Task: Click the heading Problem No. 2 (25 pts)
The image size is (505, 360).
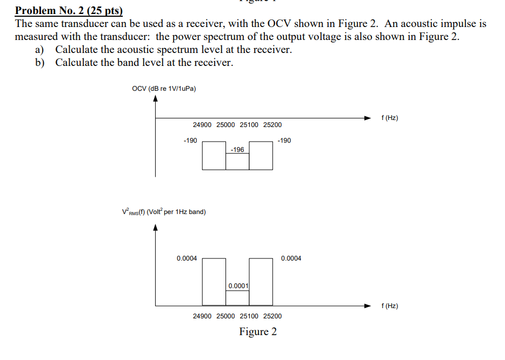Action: (x=69, y=11)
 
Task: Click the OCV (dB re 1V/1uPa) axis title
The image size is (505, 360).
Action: (x=164, y=89)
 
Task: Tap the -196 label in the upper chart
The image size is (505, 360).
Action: (x=237, y=149)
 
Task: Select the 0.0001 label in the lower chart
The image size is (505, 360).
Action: (x=238, y=285)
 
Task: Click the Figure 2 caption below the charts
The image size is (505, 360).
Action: (x=258, y=332)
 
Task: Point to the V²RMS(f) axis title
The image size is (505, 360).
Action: (x=164, y=212)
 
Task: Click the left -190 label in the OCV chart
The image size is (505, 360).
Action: (x=190, y=141)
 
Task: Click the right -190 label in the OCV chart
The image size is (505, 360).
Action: (x=284, y=141)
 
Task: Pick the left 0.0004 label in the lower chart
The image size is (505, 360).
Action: (x=187, y=258)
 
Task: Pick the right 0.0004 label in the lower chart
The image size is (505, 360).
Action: (x=291, y=258)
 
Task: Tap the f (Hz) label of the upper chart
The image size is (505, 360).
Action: (x=389, y=118)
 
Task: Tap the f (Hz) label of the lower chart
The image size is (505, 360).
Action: (x=389, y=306)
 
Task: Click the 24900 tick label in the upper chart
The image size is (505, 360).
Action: (x=202, y=125)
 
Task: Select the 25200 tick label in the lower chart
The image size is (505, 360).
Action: (x=273, y=316)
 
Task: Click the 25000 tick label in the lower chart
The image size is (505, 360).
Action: (x=225, y=316)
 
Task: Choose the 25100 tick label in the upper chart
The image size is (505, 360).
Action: (x=249, y=125)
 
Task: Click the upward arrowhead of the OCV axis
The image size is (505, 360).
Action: (x=156, y=99)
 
